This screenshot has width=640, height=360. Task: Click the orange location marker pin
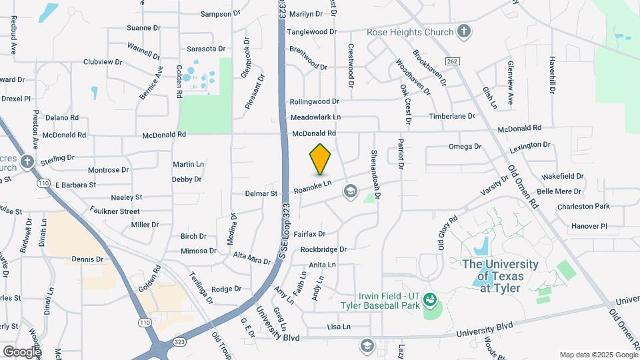click(x=321, y=159)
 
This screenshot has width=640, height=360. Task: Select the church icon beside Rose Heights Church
click(x=464, y=31)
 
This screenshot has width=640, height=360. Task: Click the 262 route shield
click(x=453, y=61)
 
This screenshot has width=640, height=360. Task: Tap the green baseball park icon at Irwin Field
click(x=430, y=299)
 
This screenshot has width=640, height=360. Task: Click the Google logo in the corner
click(x=22, y=351)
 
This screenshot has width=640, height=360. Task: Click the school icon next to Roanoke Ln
click(x=349, y=192)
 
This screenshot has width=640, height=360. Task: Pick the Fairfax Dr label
click(x=309, y=234)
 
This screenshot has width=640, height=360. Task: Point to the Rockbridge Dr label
click(x=323, y=249)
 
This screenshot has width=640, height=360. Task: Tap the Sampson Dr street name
click(x=219, y=13)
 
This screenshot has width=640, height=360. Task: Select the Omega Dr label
click(x=465, y=146)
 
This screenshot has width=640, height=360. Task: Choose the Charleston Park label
click(x=583, y=207)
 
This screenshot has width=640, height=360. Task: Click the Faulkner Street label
click(x=116, y=211)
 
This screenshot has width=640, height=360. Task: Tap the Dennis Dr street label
click(x=87, y=259)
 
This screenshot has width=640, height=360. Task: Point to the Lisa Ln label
click(x=339, y=327)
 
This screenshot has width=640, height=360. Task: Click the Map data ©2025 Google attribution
click(x=597, y=355)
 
